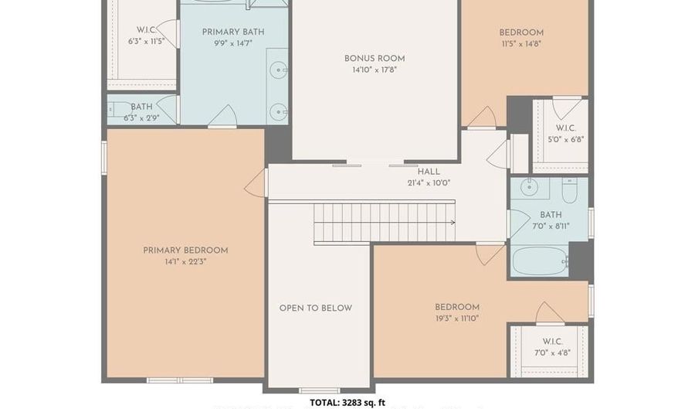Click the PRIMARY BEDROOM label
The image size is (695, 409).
point(185,251)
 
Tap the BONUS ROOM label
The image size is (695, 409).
point(375,59)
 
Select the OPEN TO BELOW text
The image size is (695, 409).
point(316,308)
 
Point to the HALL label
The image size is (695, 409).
point(429,172)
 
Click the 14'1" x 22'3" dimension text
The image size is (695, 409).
point(185,262)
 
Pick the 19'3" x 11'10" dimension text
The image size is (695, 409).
point(457,319)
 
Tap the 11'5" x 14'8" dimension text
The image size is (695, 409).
point(521,44)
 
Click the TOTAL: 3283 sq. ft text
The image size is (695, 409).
point(347,403)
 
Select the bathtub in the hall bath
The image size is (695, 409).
point(541,261)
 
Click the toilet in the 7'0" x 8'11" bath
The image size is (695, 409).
point(570,191)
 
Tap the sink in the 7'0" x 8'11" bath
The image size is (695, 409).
point(529,187)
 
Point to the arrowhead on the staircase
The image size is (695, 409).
point(453,222)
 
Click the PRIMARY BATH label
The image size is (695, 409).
point(233,32)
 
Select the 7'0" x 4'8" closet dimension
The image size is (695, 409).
point(552,353)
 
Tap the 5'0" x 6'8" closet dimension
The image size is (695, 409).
point(566,139)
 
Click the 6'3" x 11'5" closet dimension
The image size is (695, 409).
point(146,42)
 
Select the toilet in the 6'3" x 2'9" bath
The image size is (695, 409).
point(116,109)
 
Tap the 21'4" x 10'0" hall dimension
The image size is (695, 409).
point(429,183)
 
